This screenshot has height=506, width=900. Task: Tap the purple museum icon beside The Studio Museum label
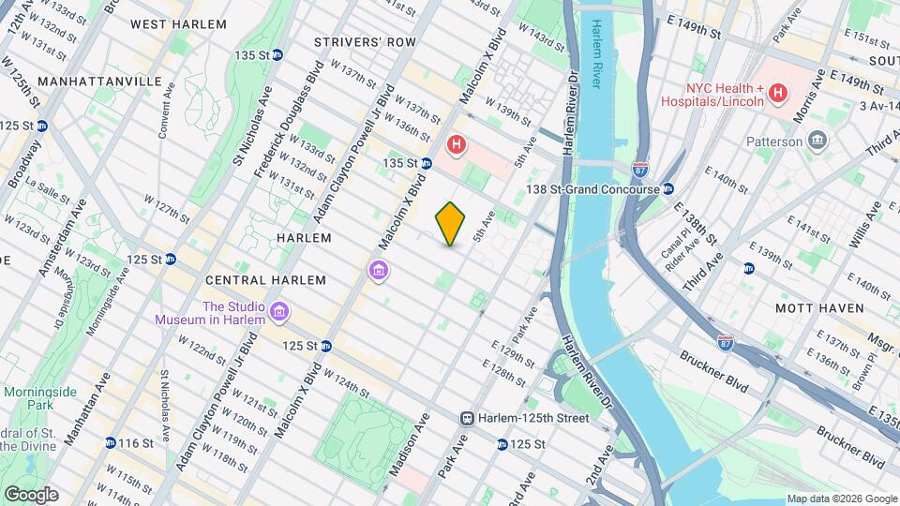click(278, 311)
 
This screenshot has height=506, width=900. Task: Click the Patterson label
click(773, 141)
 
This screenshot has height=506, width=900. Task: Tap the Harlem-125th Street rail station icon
click(466, 418)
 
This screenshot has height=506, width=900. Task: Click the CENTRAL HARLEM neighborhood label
click(265, 280)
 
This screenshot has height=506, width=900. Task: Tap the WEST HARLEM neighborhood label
click(178, 23)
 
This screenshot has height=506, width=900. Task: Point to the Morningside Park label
click(27, 398)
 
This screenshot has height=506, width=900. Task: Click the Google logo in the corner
click(31, 494)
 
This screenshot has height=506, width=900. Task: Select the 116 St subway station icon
click(112, 442)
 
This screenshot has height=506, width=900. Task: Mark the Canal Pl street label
click(681, 229)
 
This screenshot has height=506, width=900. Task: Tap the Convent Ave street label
click(167, 112)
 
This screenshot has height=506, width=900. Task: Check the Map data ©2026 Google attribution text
click(841, 499)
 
